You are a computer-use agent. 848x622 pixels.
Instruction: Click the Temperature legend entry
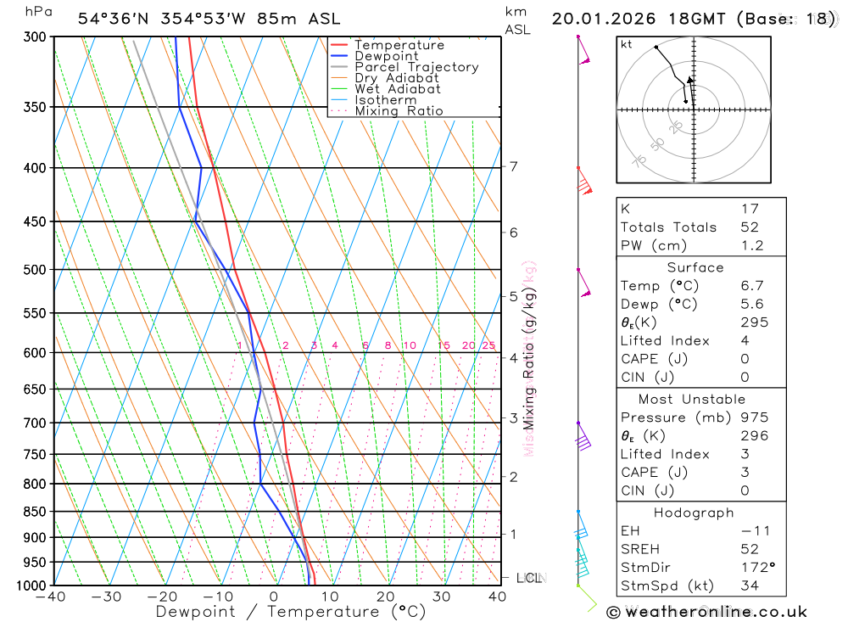tap(399, 45)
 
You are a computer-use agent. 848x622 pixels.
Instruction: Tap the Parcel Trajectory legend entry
tap(416, 67)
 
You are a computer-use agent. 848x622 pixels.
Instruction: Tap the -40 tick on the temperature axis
tap(52, 597)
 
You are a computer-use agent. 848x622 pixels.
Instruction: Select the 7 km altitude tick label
tap(513, 166)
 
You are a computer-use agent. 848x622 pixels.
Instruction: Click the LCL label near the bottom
tap(528, 578)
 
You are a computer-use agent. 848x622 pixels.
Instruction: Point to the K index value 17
tap(750, 209)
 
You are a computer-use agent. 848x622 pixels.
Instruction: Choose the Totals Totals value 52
tap(750, 227)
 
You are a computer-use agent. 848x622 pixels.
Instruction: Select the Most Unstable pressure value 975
tap(754, 417)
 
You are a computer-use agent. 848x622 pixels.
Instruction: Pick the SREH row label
tap(639, 548)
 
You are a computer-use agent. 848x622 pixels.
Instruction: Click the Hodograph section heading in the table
tap(695, 513)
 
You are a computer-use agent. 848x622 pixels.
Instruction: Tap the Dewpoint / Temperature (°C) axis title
tap(290, 611)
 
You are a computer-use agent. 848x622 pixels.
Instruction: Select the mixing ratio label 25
tap(488, 345)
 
